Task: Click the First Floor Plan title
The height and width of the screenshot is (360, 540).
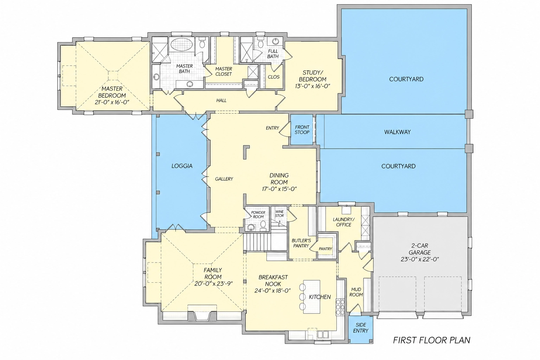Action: click(431, 340)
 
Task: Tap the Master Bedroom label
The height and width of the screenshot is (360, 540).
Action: click(112, 92)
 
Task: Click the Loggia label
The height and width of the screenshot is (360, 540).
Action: click(182, 166)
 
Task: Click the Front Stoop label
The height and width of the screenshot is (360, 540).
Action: click(302, 130)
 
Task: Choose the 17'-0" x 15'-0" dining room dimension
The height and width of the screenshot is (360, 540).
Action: click(279, 189)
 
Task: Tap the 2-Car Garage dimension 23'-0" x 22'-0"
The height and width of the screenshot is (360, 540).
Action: click(420, 259)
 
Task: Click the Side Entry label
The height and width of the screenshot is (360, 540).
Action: click(361, 328)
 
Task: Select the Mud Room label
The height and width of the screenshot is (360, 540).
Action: click(356, 292)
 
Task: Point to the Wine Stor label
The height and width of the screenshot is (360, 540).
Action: click(279, 214)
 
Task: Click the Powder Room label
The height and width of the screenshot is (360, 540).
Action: click(258, 214)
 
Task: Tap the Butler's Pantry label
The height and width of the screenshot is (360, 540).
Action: click(301, 243)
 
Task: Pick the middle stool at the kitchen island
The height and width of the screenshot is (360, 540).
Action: click(302, 297)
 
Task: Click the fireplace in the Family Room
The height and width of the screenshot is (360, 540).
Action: click(202, 314)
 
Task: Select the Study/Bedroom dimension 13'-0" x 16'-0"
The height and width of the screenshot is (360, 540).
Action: click(313, 86)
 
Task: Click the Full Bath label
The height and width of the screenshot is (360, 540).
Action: click(273, 53)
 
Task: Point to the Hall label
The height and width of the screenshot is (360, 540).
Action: click(221, 100)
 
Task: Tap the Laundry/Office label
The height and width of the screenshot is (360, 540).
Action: click(343, 222)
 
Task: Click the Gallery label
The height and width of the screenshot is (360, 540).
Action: click(224, 179)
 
